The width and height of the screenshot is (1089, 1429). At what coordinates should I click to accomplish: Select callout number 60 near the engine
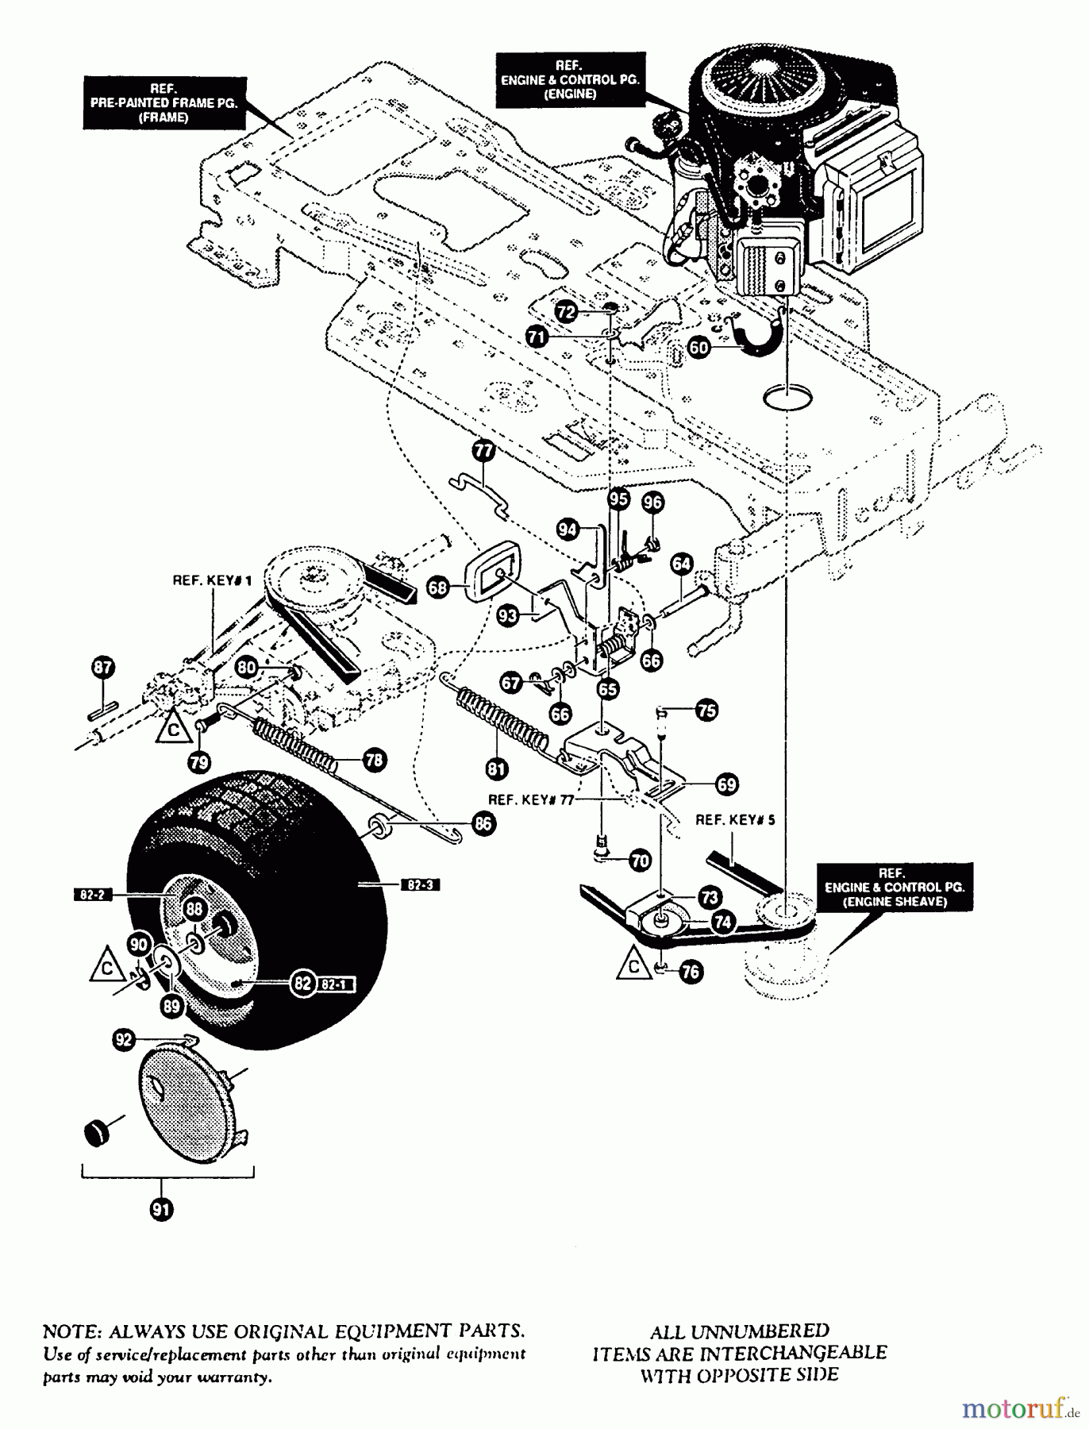coord(699,347)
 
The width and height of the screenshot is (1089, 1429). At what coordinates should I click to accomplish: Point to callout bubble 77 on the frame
coord(483,452)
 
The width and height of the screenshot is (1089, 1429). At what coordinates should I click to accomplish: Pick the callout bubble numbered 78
coord(374,760)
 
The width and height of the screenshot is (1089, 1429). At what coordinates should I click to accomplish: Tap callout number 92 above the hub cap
coord(124,1041)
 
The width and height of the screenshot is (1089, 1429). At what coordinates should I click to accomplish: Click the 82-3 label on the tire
coord(422,884)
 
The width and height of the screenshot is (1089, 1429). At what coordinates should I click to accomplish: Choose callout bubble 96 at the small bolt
coord(652,502)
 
